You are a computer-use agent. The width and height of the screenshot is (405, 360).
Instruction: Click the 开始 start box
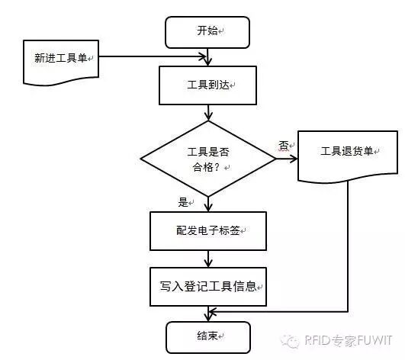(207, 31)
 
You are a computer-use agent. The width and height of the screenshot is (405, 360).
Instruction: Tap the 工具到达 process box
(207, 84)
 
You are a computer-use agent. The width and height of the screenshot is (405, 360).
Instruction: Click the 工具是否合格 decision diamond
(208, 159)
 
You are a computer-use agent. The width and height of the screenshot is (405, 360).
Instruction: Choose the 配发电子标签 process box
(208, 230)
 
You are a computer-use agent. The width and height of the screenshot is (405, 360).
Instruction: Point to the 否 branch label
(283, 144)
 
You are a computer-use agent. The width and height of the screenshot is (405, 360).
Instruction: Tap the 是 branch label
(182, 202)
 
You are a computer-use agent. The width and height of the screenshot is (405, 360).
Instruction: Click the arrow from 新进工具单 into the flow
(153, 56)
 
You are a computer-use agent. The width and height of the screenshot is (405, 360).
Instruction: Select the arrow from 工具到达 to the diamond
(207, 113)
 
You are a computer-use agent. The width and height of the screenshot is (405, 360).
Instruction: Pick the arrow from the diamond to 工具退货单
(286, 159)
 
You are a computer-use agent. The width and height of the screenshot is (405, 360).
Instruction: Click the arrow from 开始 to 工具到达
(207, 55)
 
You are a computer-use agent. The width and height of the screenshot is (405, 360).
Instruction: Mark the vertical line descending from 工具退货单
(348, 244)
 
